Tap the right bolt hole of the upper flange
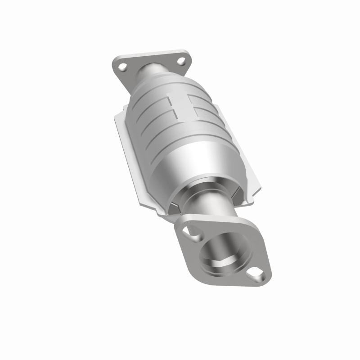pyautogui.click(x=180, y=60)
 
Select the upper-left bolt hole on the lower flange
pyautogui.click(x=196, y=234)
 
